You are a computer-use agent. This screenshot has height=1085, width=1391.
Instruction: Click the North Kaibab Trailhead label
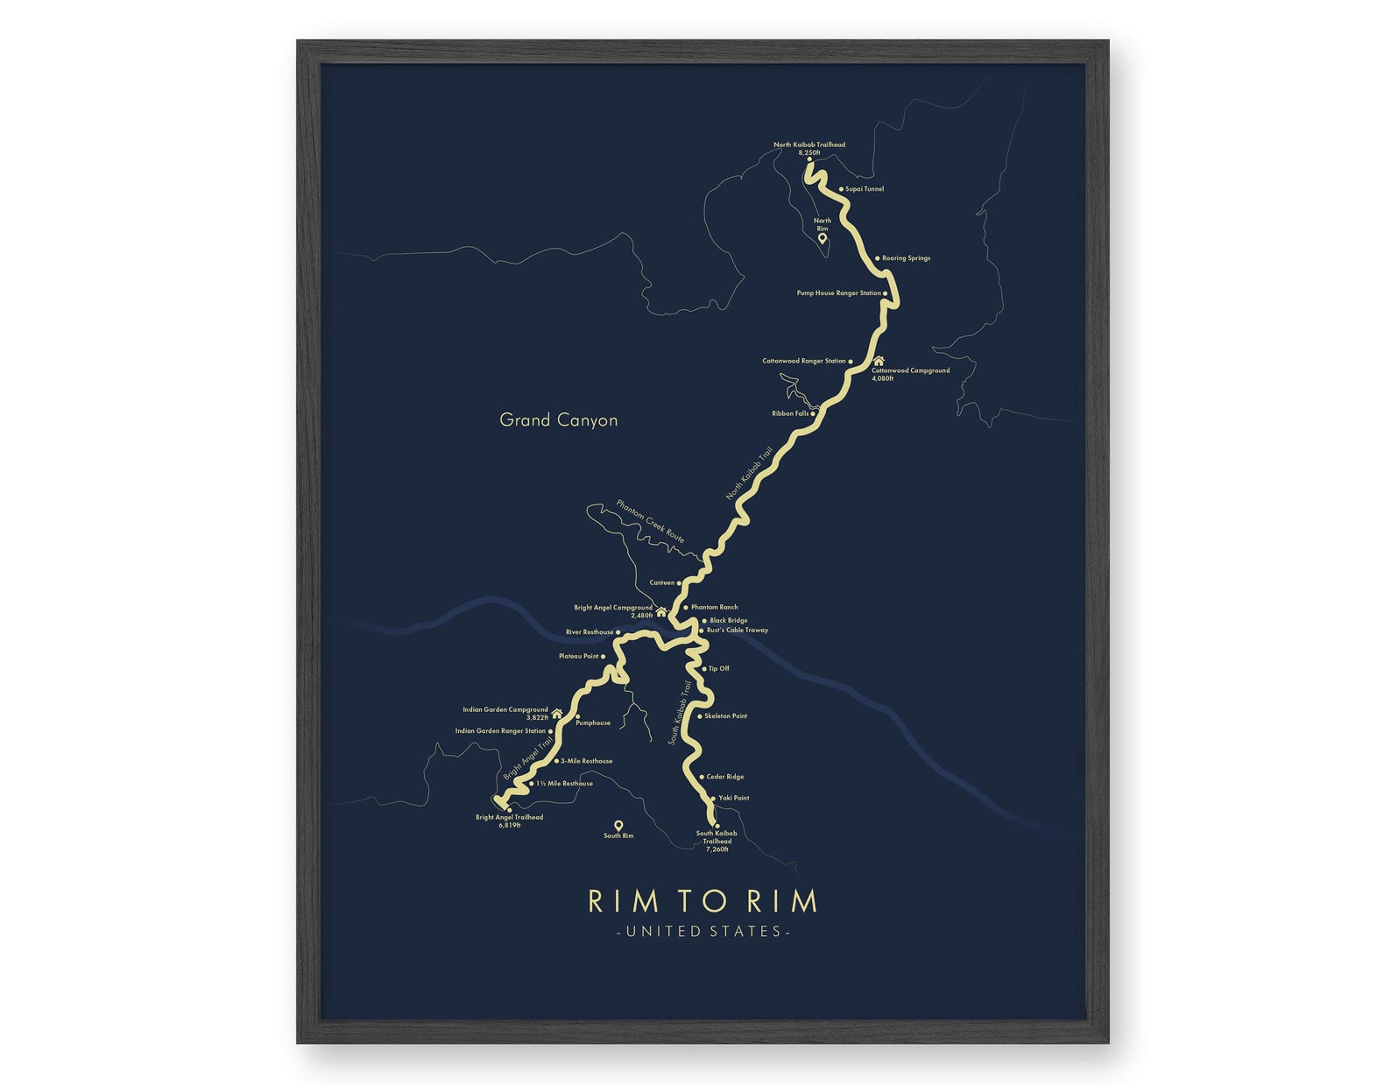(x=808, y=145)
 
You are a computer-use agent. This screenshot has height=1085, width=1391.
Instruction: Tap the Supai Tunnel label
(x=864, y=189)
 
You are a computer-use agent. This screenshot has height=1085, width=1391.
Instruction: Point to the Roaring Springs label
(x=906, y=258)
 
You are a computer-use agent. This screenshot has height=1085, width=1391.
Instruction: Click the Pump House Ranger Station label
(x=838, y=293)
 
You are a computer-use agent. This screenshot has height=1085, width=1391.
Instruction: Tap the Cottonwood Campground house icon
(x=879, y=360)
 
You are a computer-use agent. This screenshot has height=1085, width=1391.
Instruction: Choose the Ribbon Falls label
(x=790, y=413)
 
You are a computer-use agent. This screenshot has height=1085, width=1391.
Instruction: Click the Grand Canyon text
(x=558, y=420)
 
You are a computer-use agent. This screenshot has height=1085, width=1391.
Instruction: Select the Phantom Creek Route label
(x=650, y=522)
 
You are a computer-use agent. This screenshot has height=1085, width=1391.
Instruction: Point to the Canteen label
(x=662, y=583)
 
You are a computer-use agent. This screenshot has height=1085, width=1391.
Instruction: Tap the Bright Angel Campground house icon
(x=661, y=612)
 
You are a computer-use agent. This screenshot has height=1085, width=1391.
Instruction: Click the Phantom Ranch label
(x=714, y=607)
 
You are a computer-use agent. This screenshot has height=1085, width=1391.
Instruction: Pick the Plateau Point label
(x=578, y=656)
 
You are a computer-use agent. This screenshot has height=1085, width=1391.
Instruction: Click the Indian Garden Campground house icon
(x=556, y=714)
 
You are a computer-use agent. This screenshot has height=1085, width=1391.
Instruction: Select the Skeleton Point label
(x=725, y=716)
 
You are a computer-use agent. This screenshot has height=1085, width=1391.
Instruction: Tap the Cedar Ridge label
(x=724, y=777)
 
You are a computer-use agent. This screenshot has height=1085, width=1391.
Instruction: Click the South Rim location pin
(x=618, y=826)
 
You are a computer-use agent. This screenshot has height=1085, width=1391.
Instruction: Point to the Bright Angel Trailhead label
(x=509, y=818)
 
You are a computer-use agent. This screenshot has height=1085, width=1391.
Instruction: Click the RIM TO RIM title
(x=703, y=901)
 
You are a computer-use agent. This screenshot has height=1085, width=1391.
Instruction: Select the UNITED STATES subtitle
(x=703, y=932)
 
